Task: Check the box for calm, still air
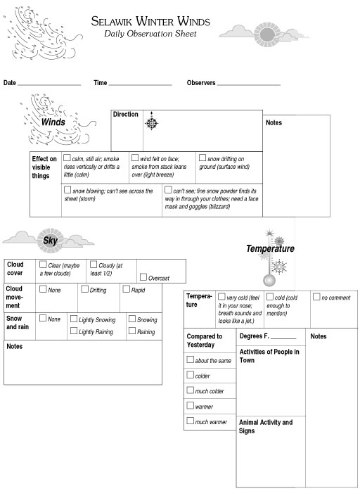pyautogui.click(x=67, y=158)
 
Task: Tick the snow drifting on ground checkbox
pyautogui.click(x=202, y=158)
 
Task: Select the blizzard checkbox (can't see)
pyautogui.click(x=168, y=189)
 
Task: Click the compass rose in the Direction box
pyautogui.click(x=151, y=122)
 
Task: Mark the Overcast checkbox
pyautogui.click(x=143, y=277)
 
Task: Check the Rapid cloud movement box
pyautogui.click(x=126, y=288)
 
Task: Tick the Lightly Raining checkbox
pyautogui.click(x=74, y=331)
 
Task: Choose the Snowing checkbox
pyautogui.click(x=132, y=319)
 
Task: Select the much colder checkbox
pyautogui.click(x=190, y=390)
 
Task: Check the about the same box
pyautogui.click(x=190, y=359)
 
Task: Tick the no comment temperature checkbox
pyautogui.click(x=316, y=296)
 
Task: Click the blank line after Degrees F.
pyautogui.click(x=283, y=338)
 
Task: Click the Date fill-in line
pyautogui.click(x=49, y=85)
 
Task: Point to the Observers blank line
pyautogui.click(x=249, y=85)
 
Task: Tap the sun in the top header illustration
pyautogui.click(x=267, y=34)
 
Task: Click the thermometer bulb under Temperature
pyautogui.click(x=269, y=280)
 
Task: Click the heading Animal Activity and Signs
pyautogui.click(x=266, y=426)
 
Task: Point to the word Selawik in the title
pyautogui.click(x=111, y=21)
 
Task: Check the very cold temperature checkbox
pyautogui.click(x=221, y=296)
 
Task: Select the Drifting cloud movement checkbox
pyautogui.click(x=84, y=288)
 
